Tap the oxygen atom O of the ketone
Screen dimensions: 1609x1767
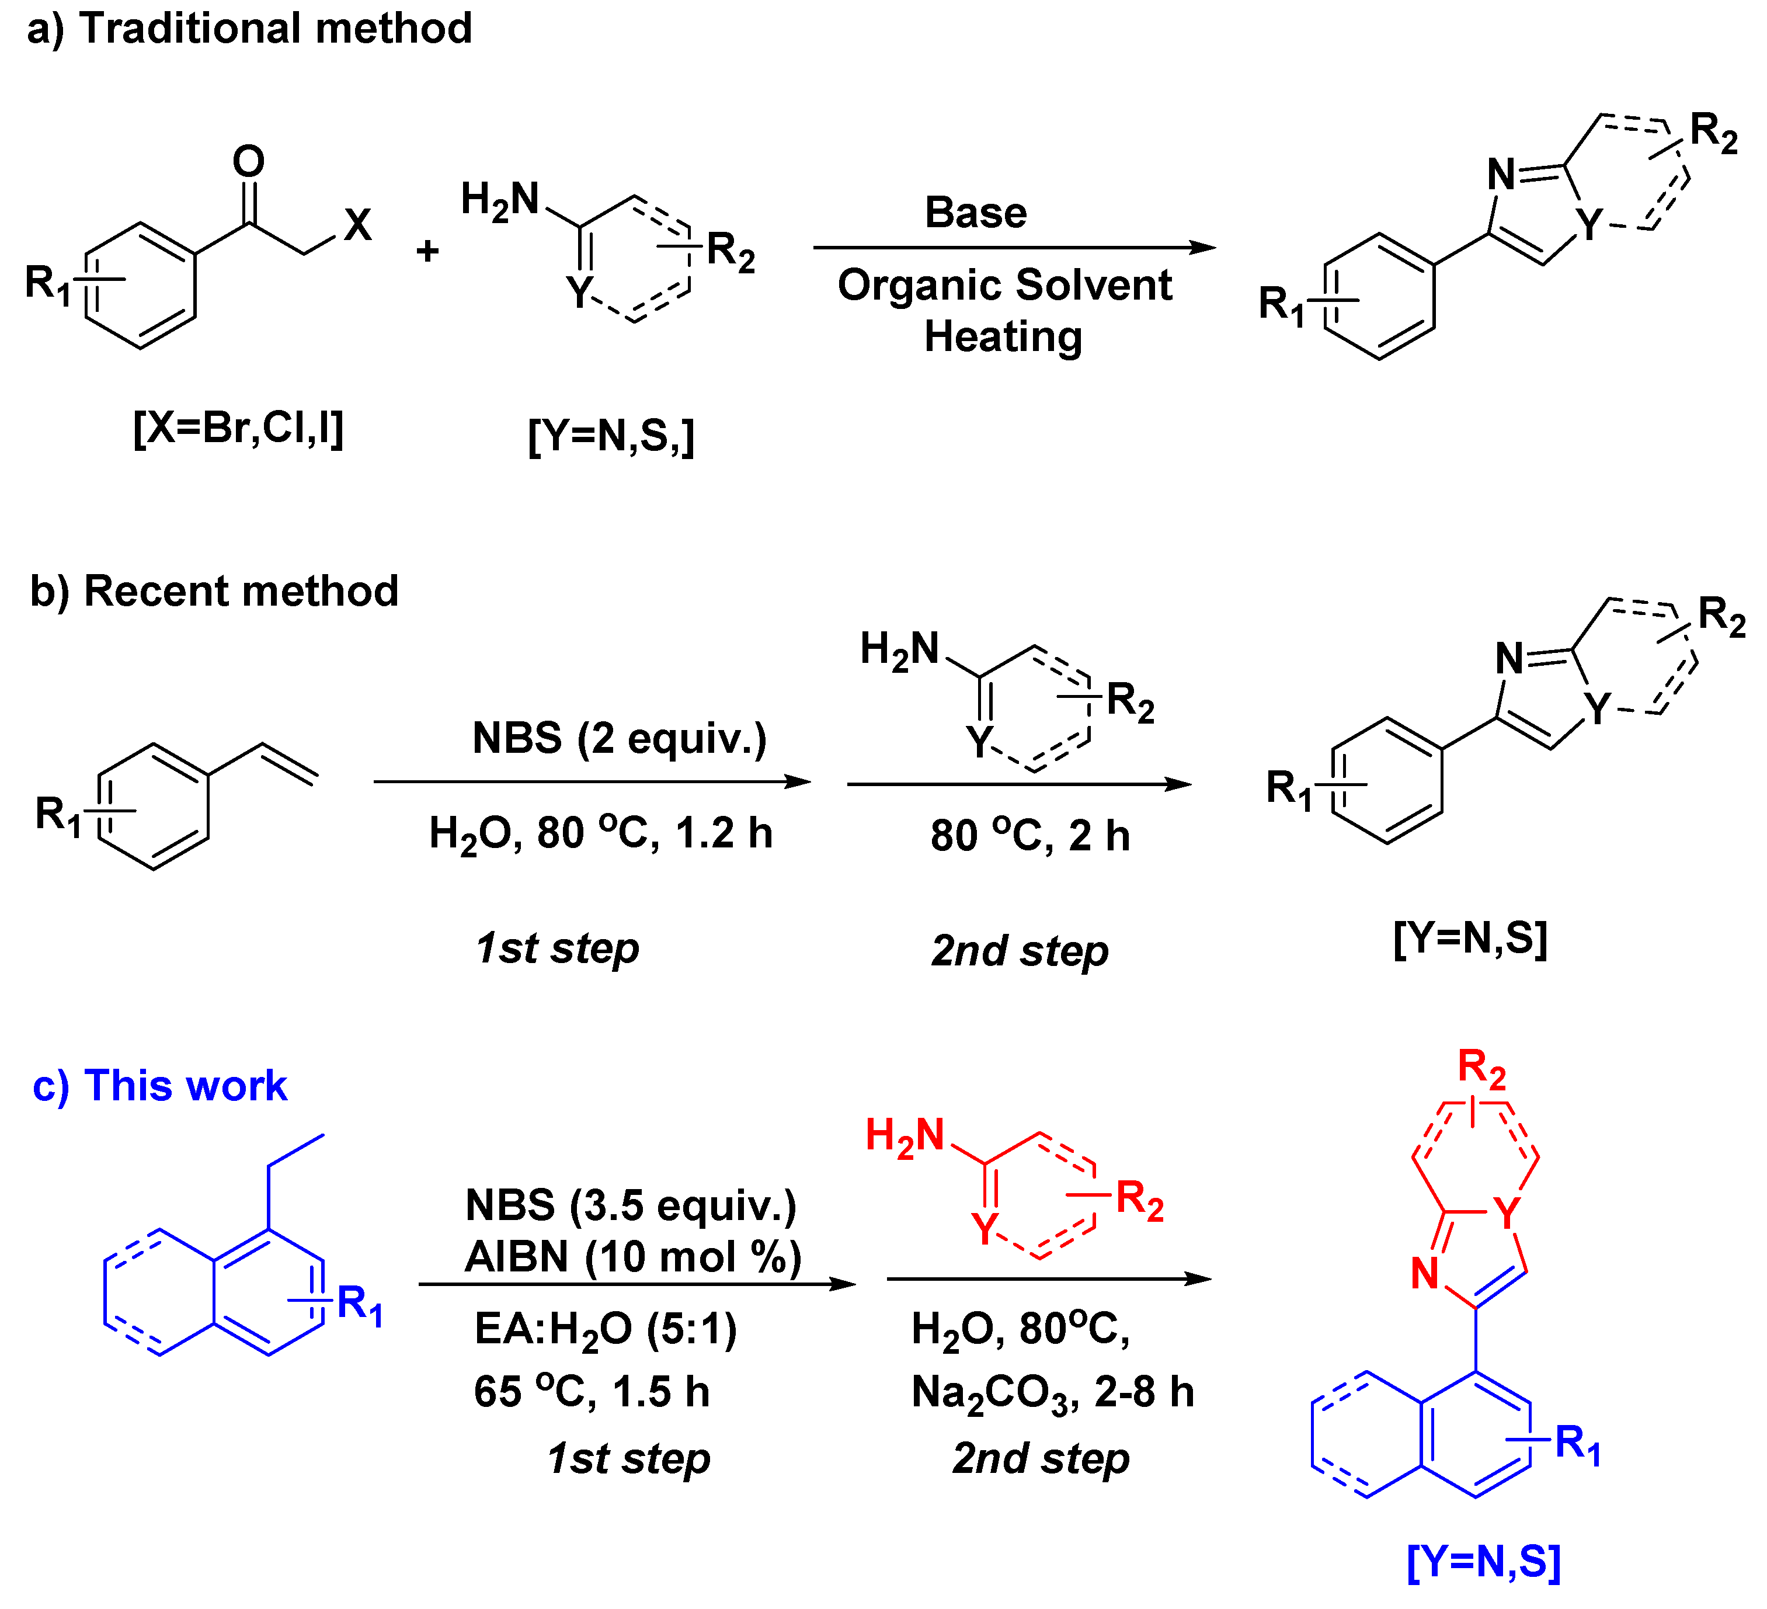[248, 162]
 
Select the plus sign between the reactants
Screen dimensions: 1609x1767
[427, 252]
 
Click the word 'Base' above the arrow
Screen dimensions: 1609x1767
[976, 213]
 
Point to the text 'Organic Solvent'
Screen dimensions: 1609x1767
[1004, 285]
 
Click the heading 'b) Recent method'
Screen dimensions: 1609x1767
[215, 591]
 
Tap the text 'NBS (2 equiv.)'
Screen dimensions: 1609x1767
[620, 738]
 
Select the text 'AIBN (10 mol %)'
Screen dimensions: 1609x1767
[633, 1257]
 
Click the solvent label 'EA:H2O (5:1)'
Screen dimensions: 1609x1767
[606, 1329]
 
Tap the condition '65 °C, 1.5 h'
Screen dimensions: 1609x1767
[592, 1392]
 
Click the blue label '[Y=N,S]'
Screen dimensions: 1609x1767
[1483, 1562]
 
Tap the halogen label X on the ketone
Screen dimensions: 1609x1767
[357, 225]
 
